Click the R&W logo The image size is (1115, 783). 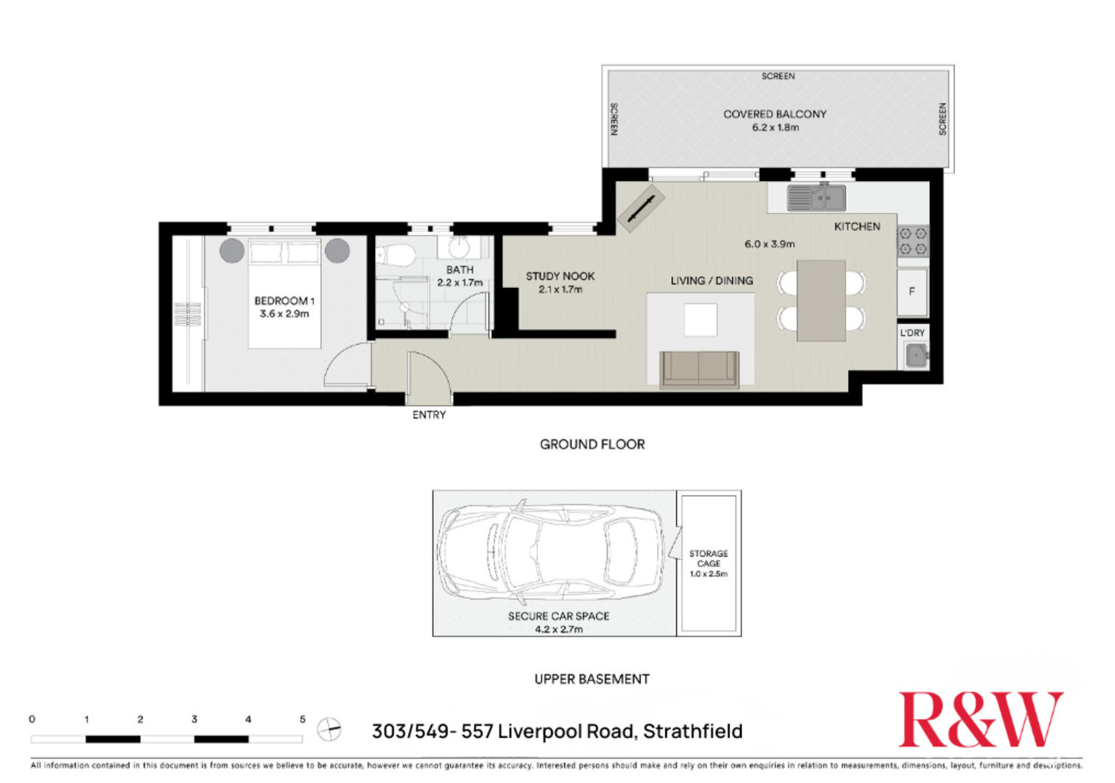[980, 720]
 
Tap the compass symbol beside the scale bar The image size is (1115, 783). [329, 728]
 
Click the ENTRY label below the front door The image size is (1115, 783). [429, 414]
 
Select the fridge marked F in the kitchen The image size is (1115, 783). [911, 292]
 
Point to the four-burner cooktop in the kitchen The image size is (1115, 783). [913, 241]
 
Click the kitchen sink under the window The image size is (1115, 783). [817, 198]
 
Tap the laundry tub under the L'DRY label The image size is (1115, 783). [916, 356]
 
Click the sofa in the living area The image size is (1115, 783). [699, 369]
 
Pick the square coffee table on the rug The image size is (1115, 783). [701, 320]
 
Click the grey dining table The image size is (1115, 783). [821, 300]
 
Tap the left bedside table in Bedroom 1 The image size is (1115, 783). [232, 250]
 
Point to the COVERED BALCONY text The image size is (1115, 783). [775, 114]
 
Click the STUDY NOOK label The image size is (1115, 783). [560, 276]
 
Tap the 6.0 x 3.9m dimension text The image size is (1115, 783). [769, 244]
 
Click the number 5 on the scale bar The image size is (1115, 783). [302, 719]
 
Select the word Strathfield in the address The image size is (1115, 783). [693, 731]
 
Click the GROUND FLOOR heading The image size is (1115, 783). [592, 444]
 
